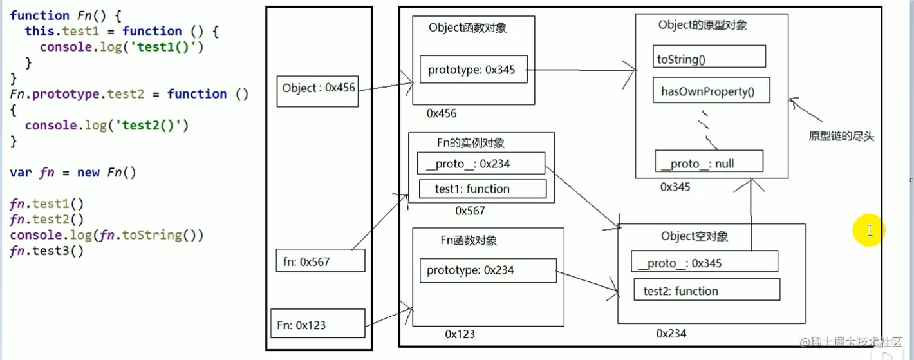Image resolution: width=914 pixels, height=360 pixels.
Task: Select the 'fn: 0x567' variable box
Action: click(320, 261)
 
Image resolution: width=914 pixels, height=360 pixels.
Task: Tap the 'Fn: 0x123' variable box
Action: click(318, 324)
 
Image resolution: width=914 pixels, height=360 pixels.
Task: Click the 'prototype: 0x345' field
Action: click(472, 70)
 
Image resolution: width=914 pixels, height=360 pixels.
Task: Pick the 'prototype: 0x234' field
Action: click(487, 270)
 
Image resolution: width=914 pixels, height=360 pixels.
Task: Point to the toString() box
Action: click(709, 57)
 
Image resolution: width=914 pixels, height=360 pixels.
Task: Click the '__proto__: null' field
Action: click(708, 162)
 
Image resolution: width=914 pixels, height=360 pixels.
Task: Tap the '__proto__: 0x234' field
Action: click(480, 164)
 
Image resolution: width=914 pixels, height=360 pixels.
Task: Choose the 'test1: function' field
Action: click(482, 189)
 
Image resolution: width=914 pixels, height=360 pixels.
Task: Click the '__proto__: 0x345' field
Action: click(704, 262)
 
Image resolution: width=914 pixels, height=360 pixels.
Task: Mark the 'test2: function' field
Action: click(707, 290)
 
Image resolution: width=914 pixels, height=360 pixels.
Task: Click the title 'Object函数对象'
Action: click(472, 28)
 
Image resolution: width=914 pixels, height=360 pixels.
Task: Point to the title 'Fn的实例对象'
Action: click(471, 143)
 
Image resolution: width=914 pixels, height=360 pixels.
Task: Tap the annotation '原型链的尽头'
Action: click(841, 136)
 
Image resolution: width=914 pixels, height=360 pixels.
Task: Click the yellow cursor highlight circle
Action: click(869, 230)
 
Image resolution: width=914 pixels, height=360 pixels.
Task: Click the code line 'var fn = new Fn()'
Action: click(73, 173)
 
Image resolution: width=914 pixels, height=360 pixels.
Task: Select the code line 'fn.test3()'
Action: click(46, 251)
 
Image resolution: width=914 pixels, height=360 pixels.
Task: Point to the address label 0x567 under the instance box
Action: click(470, 211)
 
